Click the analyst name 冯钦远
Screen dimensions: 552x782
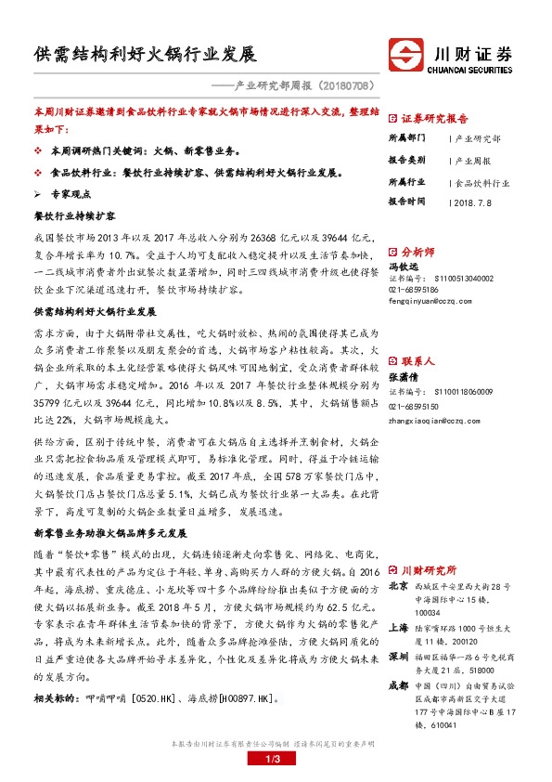[404, 267]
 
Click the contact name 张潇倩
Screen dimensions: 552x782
[404, 376]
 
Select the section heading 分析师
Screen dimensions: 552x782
[417, 251]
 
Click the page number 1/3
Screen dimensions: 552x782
[276, 761]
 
